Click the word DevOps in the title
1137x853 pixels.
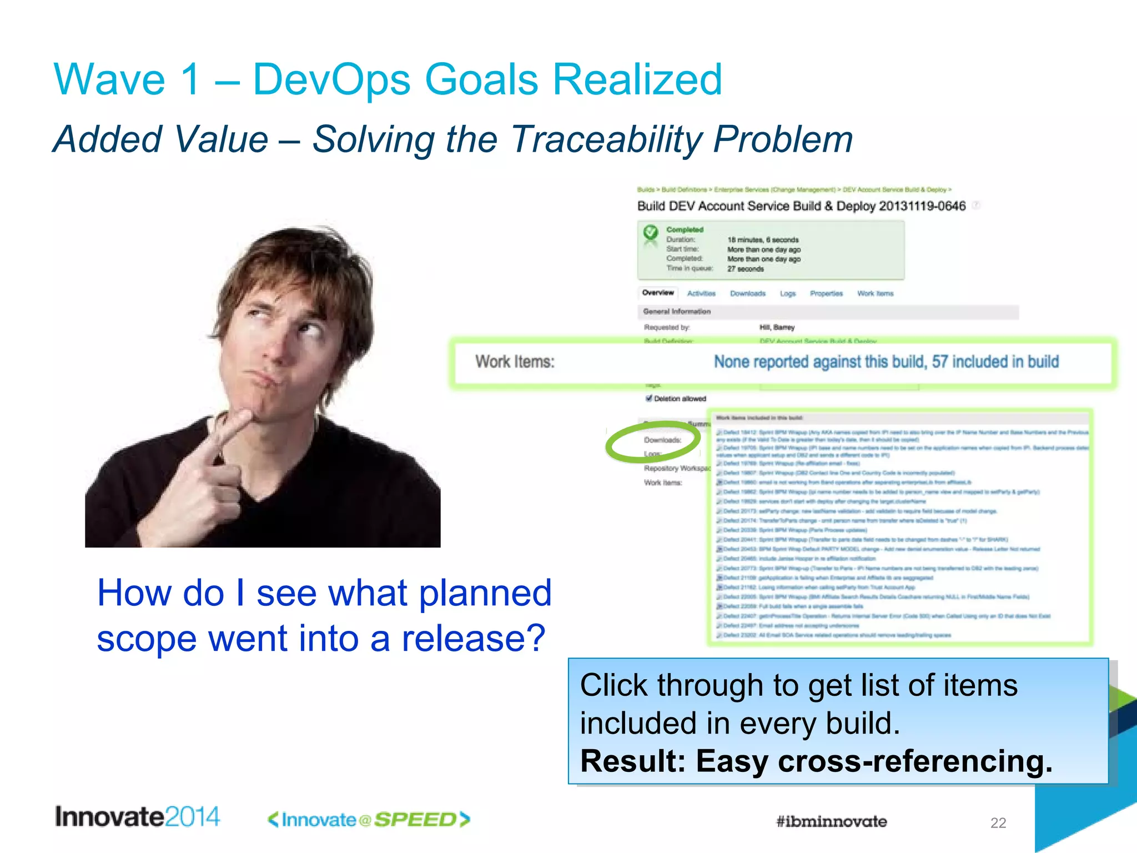click(x=331, y=79)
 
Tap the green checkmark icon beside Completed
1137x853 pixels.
click(x=650, y=232)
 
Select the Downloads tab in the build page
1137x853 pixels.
click(x=747, y=293)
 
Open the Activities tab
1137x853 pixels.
click(x=701, y=293)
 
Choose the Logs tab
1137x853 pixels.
click(x=787, y=293)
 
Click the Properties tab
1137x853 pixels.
click(x=826, y=293)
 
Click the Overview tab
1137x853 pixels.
click(x=658, y=293)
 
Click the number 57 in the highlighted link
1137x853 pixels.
click(x=939, y=362)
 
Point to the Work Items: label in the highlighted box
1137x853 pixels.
click(x=515, y=362)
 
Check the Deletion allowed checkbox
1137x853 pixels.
click(x=648, y=398)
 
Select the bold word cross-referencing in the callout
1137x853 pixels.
click(x=914, y=761)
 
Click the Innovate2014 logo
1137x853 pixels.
click(x=137, y=817)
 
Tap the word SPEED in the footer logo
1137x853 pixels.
click(x=415, y=820)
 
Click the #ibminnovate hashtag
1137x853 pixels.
click(x=831, y=821)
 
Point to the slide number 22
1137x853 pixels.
click(x=998, y=823)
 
